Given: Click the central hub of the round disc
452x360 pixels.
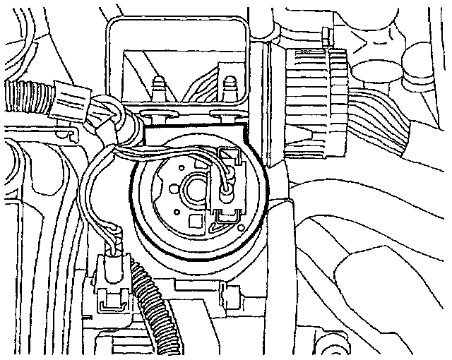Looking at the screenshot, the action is [x=192, y=188].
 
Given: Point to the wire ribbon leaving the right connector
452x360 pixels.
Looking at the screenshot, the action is [x=385, y=127].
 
